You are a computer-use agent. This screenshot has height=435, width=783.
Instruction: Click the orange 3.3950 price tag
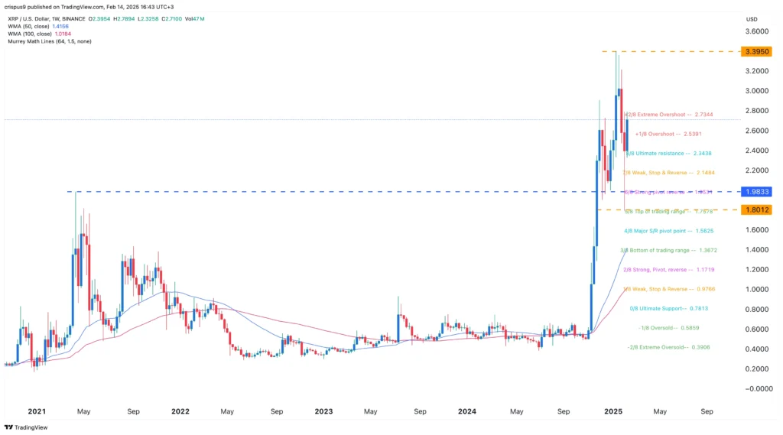tap(756, 51)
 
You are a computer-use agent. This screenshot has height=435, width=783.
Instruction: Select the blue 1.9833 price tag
tap(756, 191)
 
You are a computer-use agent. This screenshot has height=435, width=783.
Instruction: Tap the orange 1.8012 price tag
tap(756, 209)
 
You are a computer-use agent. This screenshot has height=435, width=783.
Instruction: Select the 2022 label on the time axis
tap(180, 411)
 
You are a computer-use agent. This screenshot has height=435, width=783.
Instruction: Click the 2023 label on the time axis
tap(323, 411)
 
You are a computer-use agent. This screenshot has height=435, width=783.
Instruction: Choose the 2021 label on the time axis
tap(36, 411)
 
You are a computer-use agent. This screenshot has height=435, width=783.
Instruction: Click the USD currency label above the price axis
tap(751, 19)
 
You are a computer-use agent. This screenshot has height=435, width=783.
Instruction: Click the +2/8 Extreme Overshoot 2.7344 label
tap(670, 114)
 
